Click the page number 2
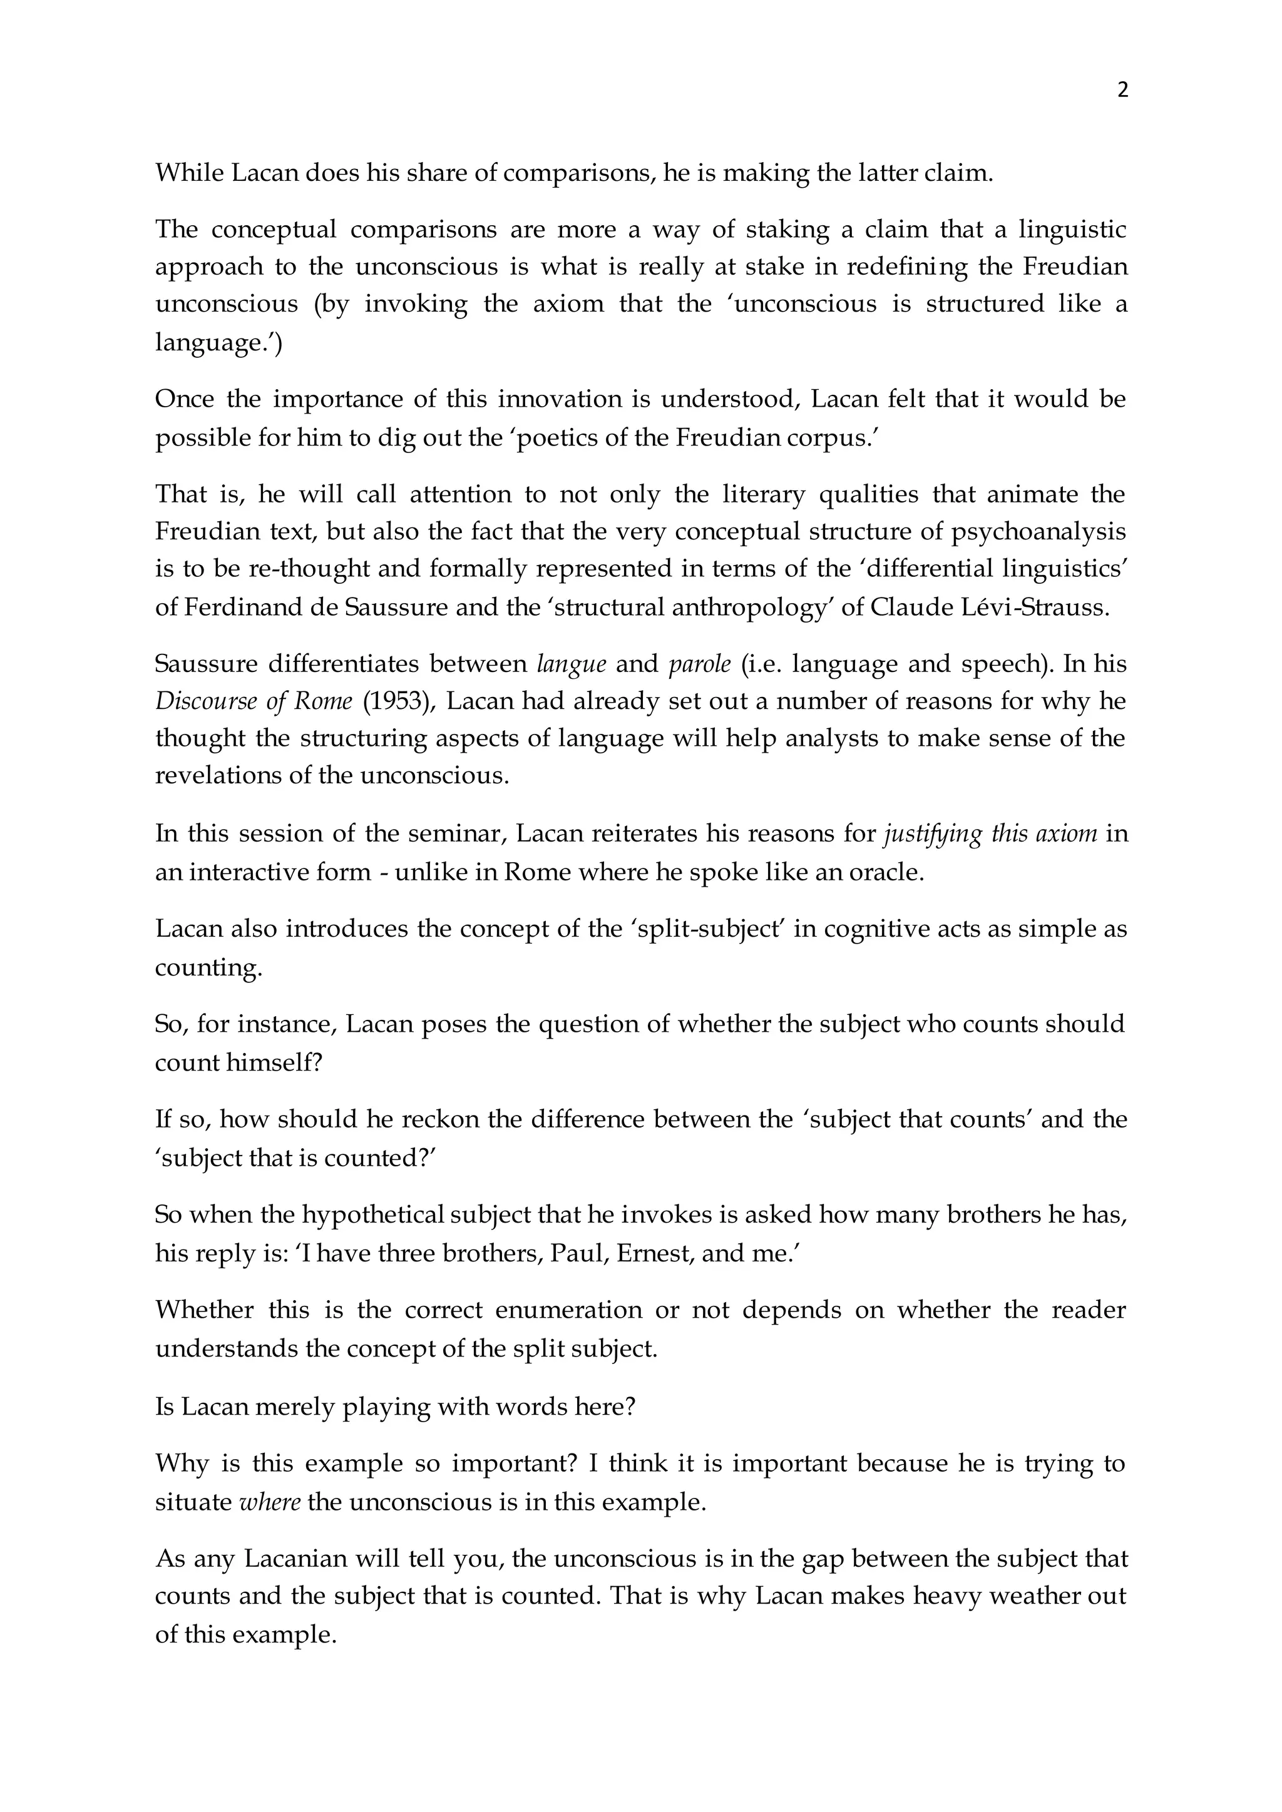[x=1122, y=90]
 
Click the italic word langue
[x=571, y=664]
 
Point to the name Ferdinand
[x=236, y=608]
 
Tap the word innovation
[x=560, y=399]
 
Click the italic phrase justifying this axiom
[x=990, y=834]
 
